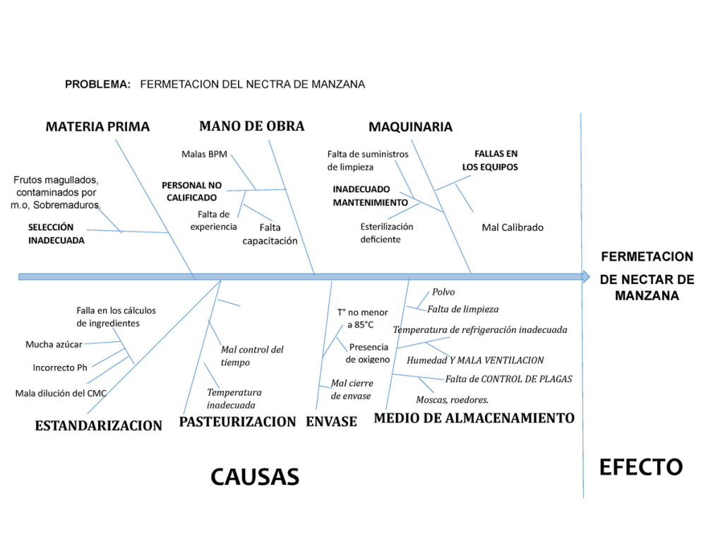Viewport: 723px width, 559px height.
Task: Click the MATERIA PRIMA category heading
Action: point(97,127)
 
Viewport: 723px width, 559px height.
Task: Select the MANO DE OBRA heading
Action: point(251,126)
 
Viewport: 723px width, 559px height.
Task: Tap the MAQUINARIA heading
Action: point(410,127)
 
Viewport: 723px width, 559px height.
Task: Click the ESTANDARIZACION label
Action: point(98,425)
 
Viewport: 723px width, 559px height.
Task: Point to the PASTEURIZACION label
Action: point(237,422)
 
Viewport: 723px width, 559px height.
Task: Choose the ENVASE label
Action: point(331,422)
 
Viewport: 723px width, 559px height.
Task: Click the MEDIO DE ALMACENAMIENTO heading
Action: point(474,418)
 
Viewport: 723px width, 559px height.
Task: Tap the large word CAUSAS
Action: point(255,477)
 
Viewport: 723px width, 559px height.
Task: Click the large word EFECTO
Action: point(640,467)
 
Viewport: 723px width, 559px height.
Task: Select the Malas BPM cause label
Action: point(204,154)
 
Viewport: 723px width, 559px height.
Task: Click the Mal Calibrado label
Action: point(513,228)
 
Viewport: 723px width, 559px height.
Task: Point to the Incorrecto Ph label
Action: point(60,367)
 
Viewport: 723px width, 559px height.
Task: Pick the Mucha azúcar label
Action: point(54,345)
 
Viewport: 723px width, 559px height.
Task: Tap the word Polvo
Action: point(443,292)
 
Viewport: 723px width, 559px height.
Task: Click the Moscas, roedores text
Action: point(452,400)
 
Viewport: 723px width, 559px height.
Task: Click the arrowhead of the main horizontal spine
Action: point(585,276)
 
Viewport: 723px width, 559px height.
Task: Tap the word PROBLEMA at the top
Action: point(97,84)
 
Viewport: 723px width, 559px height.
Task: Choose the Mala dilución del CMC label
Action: point(61,393)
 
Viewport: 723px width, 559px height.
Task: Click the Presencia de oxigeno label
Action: point(367,353)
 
